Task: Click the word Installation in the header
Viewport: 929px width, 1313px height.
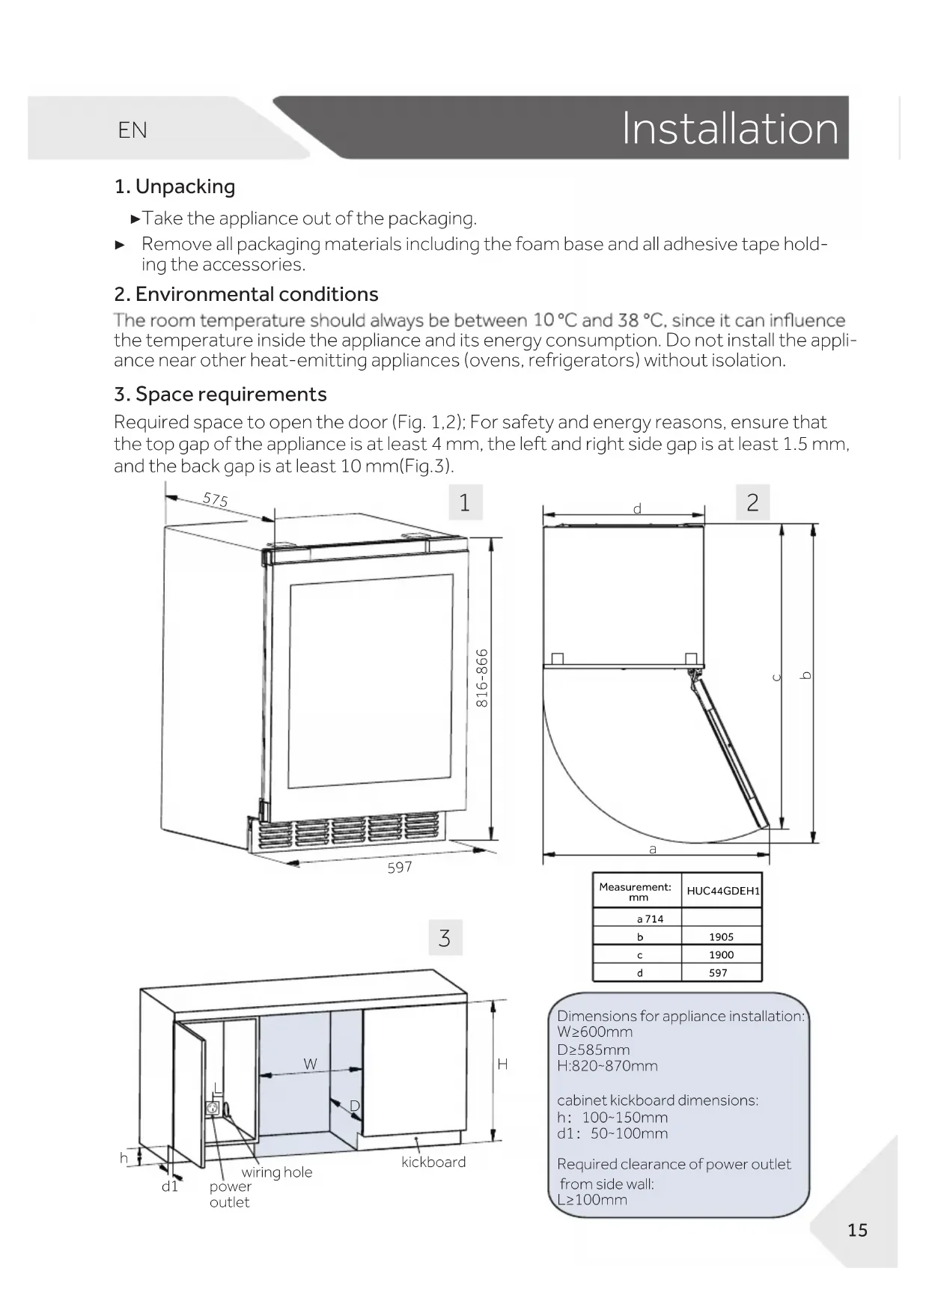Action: pyautogui.click(x=730, y=129)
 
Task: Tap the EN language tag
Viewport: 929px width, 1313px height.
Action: pyautogui.click(x=133, y=130)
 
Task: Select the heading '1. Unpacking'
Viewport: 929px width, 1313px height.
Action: pyautogui.click(x=174, y=186)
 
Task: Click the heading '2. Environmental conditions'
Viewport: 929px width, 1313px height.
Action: pyautogui.click(x=246, y=294)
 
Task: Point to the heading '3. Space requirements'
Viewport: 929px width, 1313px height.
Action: pyautogui.click(x=220, y=394)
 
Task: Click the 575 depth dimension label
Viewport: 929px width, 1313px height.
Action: pyautogui.click(x=216, y=499)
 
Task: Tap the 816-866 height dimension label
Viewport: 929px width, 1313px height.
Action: pyautogui.click(x=483, y=678)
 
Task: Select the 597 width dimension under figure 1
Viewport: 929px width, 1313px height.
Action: pyautogui.click(x=400, y=868)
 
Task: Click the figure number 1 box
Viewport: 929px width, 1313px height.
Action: pyautogui.click(x=465, y=502)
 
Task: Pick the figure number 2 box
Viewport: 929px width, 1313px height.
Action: pyautogui.click(x=752, y=502)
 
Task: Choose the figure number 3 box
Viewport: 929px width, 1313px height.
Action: pyautogui.click(x=445, y=938)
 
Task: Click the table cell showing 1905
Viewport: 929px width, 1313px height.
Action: pyautogui.click(x=722, y=936)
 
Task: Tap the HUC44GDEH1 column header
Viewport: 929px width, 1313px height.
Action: pyautogui.click(x=722, y=891)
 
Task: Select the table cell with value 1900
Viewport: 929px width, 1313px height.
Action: pyautogui.click(x=722, y=954)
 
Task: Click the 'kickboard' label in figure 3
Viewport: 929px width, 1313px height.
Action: pyautogui.click(x=433, y=1162)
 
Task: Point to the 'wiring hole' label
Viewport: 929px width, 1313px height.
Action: pyautogui.click(x=277, y=1172)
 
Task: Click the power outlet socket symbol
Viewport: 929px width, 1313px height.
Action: pyautogui.click(x=213, y=1108)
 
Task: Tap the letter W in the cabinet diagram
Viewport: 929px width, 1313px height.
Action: pyautogui.click(x=310, y=1064)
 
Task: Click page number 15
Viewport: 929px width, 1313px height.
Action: pyautogui.click(x=857, y=1230)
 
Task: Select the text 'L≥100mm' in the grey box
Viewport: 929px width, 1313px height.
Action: pyautogui.click(x=592, y=1200)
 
